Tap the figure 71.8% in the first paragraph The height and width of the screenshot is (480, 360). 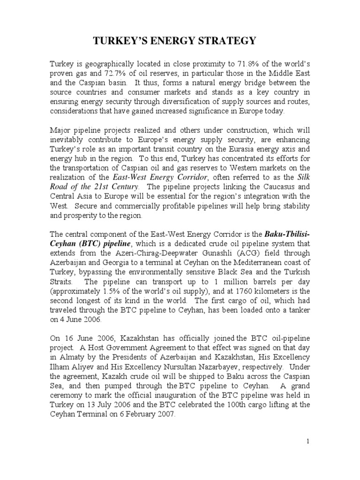tap(244, 63)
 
